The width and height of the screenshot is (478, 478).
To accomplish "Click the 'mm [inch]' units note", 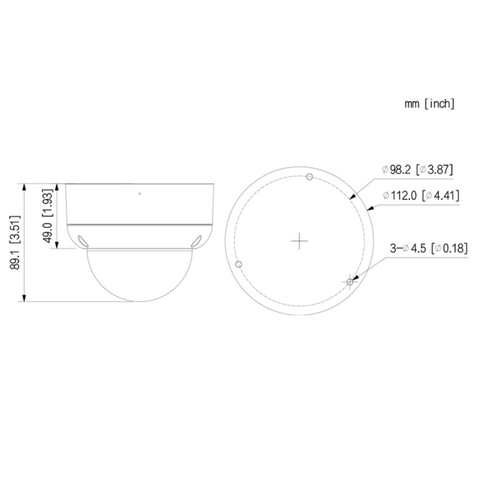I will [x=429, y=104].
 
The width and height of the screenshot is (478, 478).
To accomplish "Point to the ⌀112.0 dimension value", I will [x=402, y=195].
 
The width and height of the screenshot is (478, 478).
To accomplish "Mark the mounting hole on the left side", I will [x=239, y=264].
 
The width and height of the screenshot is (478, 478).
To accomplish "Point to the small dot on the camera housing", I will [x=140, y=194].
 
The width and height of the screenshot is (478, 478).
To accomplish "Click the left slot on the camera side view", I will [x=83, y=237].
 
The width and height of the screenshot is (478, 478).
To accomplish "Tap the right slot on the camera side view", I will [x=196, y=237].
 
